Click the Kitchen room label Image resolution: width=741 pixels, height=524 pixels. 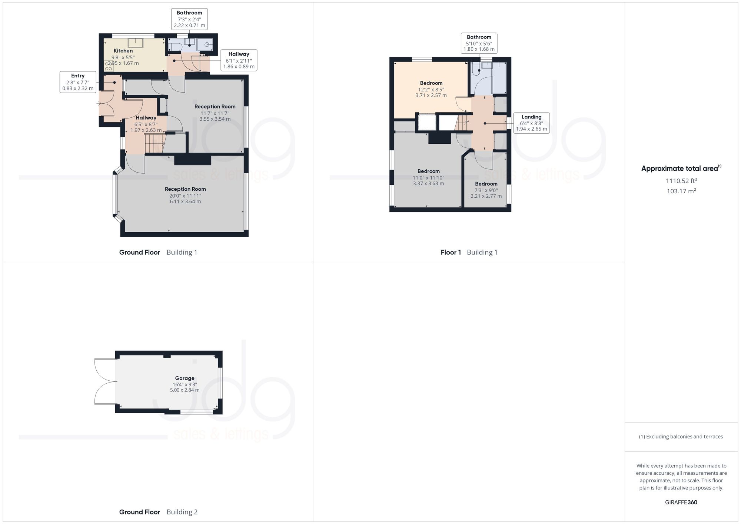coord(123,51)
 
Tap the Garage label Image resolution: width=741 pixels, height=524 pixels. coord(185,378)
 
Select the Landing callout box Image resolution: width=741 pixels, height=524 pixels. coord(531,123)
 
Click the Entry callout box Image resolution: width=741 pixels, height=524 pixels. coord(78,82)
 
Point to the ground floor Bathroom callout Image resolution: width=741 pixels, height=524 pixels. coord(189,19)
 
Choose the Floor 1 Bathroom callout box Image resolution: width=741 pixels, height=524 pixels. coord(479,43)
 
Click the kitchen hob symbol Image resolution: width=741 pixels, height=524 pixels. coord(109,66)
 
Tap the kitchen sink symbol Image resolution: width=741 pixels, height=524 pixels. coord(136,43)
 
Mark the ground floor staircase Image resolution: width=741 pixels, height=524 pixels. coord(154,143)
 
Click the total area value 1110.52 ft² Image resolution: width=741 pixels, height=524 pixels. coord(681,181)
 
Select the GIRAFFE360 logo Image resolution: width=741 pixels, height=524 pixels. coord(681,503)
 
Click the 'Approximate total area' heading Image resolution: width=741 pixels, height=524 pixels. coord(681,168)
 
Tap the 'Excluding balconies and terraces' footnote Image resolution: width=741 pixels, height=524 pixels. coord(681,437)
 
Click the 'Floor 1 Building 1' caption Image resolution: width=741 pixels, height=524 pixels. coord(469,253)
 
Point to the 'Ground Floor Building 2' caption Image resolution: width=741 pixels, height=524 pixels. coord(158,512)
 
